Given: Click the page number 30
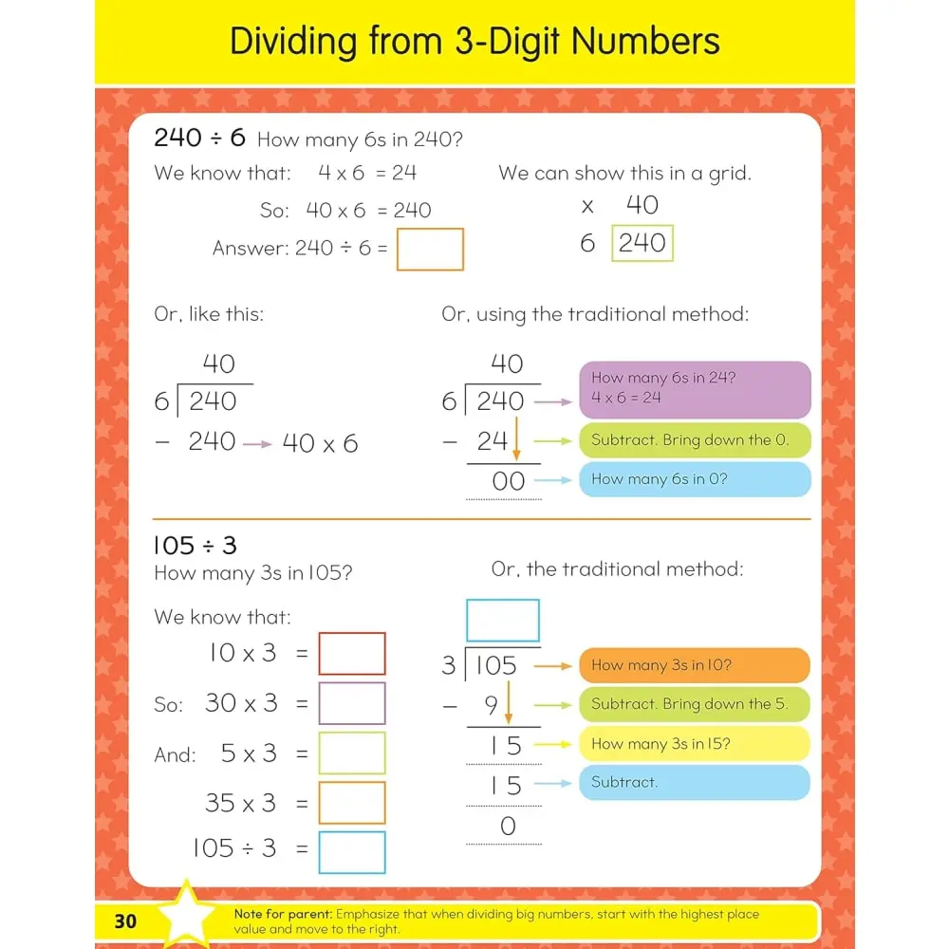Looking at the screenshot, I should (125, 921).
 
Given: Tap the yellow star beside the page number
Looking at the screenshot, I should (186, 916).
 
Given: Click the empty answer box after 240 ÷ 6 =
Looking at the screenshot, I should (430, 250).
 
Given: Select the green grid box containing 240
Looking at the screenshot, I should (642, 243).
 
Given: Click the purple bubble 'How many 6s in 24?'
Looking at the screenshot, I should (695, 389).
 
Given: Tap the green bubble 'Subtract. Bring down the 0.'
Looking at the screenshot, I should (695, 440).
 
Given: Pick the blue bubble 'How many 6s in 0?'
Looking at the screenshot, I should (695, 479).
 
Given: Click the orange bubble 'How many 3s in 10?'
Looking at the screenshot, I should (695, 665).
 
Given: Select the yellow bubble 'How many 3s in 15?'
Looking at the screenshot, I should (695, 744).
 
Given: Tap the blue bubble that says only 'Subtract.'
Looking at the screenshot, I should (695, 783).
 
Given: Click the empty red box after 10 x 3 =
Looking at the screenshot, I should (352, 654).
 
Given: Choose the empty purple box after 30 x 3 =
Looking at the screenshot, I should (352, 703).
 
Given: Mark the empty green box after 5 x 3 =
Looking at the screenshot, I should (352, 754).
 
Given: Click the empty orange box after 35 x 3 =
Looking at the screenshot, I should (352, 803).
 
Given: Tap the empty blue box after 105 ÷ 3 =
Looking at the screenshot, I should (352, 852).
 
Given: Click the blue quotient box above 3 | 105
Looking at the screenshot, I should (502, 621).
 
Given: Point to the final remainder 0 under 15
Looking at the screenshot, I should (508, 827).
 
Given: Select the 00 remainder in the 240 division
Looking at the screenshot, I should (508, 481).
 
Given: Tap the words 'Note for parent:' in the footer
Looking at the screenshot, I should (281, 915).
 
